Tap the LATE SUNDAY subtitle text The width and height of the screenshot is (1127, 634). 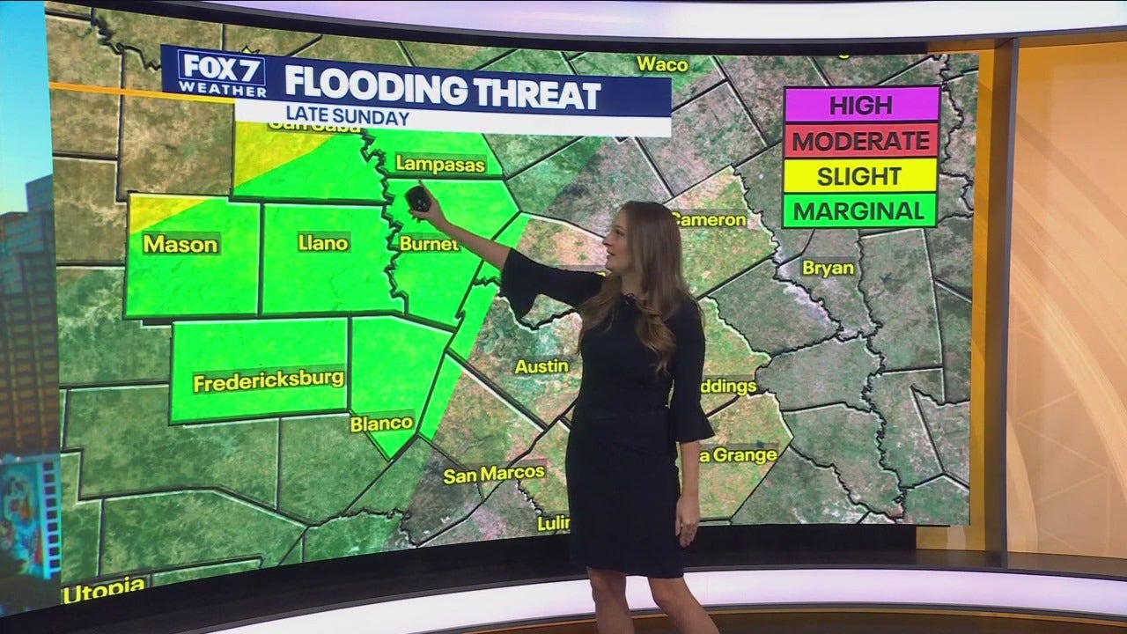(347, 117)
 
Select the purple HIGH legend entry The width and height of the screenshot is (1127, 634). (861, 105)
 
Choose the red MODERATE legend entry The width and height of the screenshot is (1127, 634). (861, 141)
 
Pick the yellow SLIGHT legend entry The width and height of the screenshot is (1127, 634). (861, 176)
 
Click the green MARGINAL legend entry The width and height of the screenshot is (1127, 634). (861, 211)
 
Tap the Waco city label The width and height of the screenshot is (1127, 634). (662, 64)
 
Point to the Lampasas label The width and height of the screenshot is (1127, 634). (428, 164)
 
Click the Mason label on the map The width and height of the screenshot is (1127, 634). (180, 245)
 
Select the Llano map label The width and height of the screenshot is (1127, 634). (323, 243)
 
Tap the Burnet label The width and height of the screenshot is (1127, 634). (429, 244)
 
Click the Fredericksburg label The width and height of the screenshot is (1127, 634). (268, 382)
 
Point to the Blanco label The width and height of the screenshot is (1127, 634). (382, 424)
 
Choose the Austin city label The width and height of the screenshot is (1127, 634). (541, 365)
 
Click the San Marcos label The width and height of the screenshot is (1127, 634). (493, 475)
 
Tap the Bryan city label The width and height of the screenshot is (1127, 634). (828, 268)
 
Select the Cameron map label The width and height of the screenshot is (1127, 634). (711, 219)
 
